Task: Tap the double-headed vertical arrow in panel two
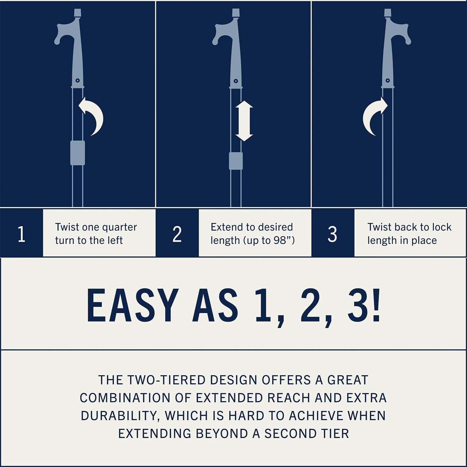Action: point(244,121)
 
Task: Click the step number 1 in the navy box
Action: point(21,234)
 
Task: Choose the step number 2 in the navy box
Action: point(177,234)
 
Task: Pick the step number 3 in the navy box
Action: point(332,234)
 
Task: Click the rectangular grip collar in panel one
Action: point(78,153)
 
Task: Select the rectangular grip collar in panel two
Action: point(236,161)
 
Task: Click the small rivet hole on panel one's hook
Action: point(78,81)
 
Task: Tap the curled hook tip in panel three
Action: point(407,40)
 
